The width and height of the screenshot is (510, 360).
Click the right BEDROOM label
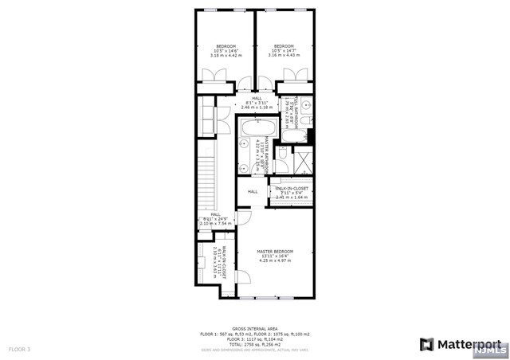284,46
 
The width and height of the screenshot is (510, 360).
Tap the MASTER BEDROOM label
273,251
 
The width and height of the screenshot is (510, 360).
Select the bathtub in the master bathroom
257,127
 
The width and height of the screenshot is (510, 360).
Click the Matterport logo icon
427,345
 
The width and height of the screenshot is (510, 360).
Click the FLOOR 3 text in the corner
19,349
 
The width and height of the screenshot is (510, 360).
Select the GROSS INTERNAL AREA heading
254,328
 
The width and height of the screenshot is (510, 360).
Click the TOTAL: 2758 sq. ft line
254,343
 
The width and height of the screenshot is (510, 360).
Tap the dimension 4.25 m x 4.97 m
273,260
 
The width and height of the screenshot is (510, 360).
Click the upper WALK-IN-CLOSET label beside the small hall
292,188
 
